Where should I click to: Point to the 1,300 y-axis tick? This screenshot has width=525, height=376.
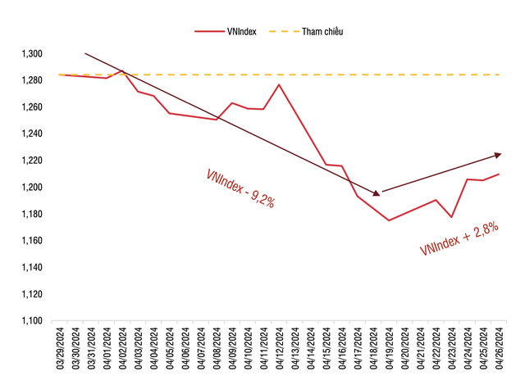click(31, 54)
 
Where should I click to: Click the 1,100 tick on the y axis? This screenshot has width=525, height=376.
click(31, 321)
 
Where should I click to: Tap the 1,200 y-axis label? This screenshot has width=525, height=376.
click(31, 188)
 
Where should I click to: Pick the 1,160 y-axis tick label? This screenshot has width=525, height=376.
click(31, 241)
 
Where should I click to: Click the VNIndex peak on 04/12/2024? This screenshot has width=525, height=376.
click(280, 84)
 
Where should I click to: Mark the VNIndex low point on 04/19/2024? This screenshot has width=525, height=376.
click(389, 220)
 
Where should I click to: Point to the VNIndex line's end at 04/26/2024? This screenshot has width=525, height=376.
click(500, 174)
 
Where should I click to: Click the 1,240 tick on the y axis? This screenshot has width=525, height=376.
click(31, 134)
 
